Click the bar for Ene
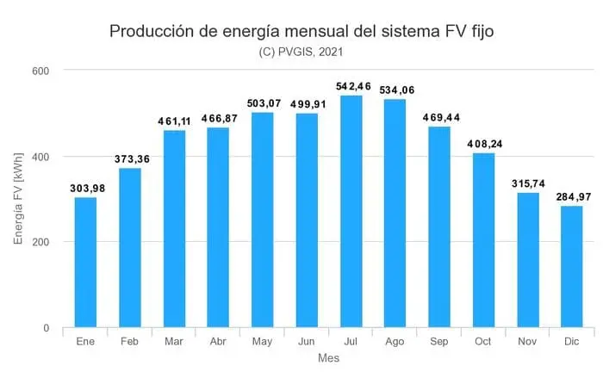click(x=85, y=263)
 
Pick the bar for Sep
click(x=439, y=227)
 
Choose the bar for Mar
click(x=174, y=229)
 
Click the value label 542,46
click(x=351, y=86)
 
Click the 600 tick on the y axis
click(x=40, y=71)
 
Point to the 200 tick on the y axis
click(x=40, y=242)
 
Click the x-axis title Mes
click(x=328, y=357)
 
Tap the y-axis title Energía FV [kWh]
click(x=18, y=199)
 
